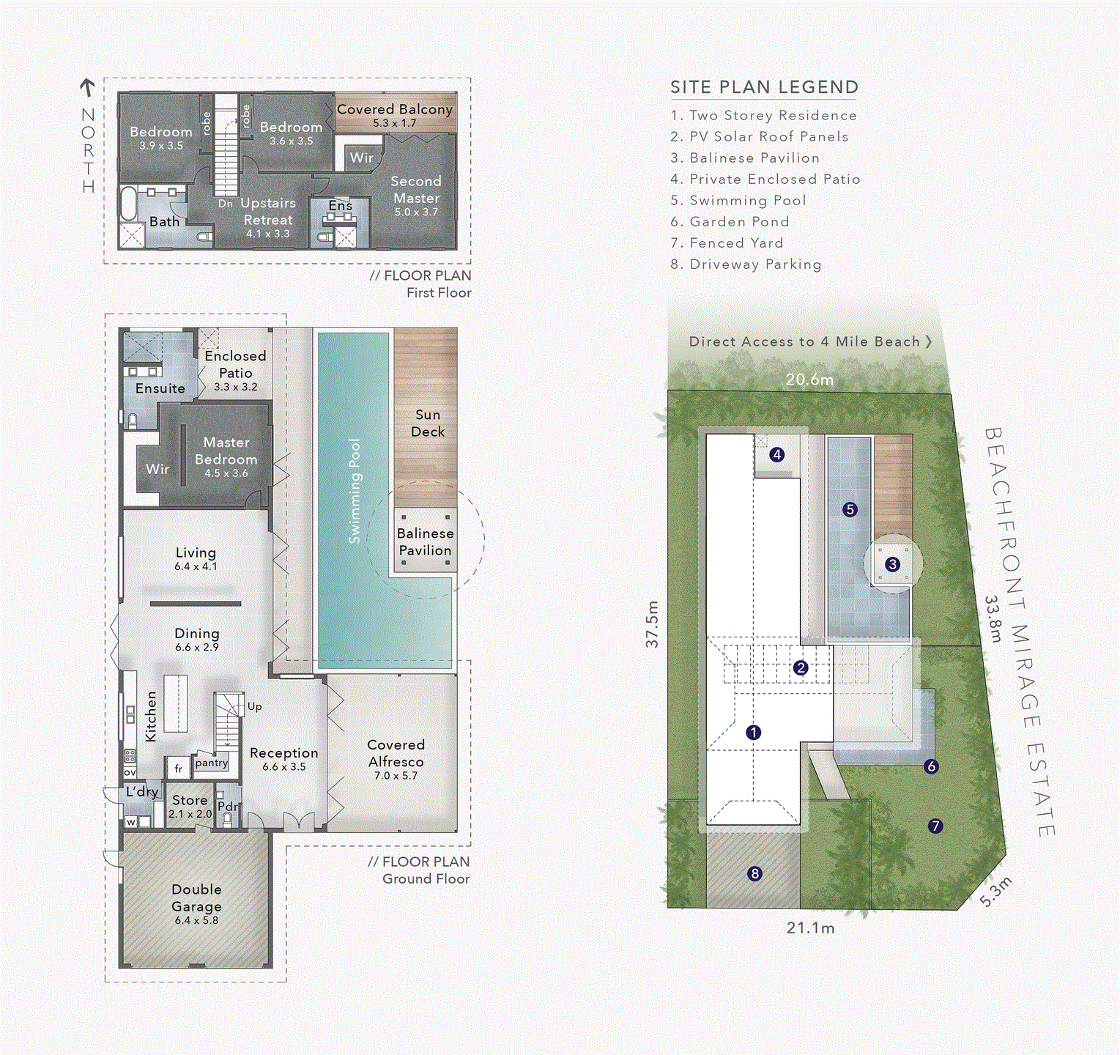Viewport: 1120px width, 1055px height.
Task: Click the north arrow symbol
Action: [88, 88]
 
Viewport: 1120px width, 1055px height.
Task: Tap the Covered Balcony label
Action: [395, 109]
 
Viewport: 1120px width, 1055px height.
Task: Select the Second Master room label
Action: [416, 189]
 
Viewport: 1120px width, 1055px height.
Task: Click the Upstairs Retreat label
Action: [268, 211]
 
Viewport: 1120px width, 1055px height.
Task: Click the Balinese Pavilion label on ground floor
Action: [425, 541]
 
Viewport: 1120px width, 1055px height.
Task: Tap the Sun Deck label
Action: [428, 423]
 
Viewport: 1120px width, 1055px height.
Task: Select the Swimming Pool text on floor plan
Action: [355, 491]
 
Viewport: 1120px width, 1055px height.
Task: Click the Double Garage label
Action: [196, 897]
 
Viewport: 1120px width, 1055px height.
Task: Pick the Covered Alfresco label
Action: [396, 753]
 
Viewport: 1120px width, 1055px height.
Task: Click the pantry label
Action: [212, 763]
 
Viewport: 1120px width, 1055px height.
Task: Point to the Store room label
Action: [190, 800]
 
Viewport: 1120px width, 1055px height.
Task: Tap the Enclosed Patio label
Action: [235, 364]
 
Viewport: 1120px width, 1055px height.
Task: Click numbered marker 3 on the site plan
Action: [892, 564]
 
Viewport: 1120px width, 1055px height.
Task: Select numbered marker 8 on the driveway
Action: [754, 873]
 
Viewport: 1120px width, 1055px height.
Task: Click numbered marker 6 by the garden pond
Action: [931, 766]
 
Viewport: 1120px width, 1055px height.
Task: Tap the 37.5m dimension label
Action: [652, 624]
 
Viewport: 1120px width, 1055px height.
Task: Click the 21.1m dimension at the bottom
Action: [810, 928]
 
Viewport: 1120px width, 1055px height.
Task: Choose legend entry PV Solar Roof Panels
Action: [760, 136]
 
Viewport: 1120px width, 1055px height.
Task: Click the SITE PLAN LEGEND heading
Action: [764, 87]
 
